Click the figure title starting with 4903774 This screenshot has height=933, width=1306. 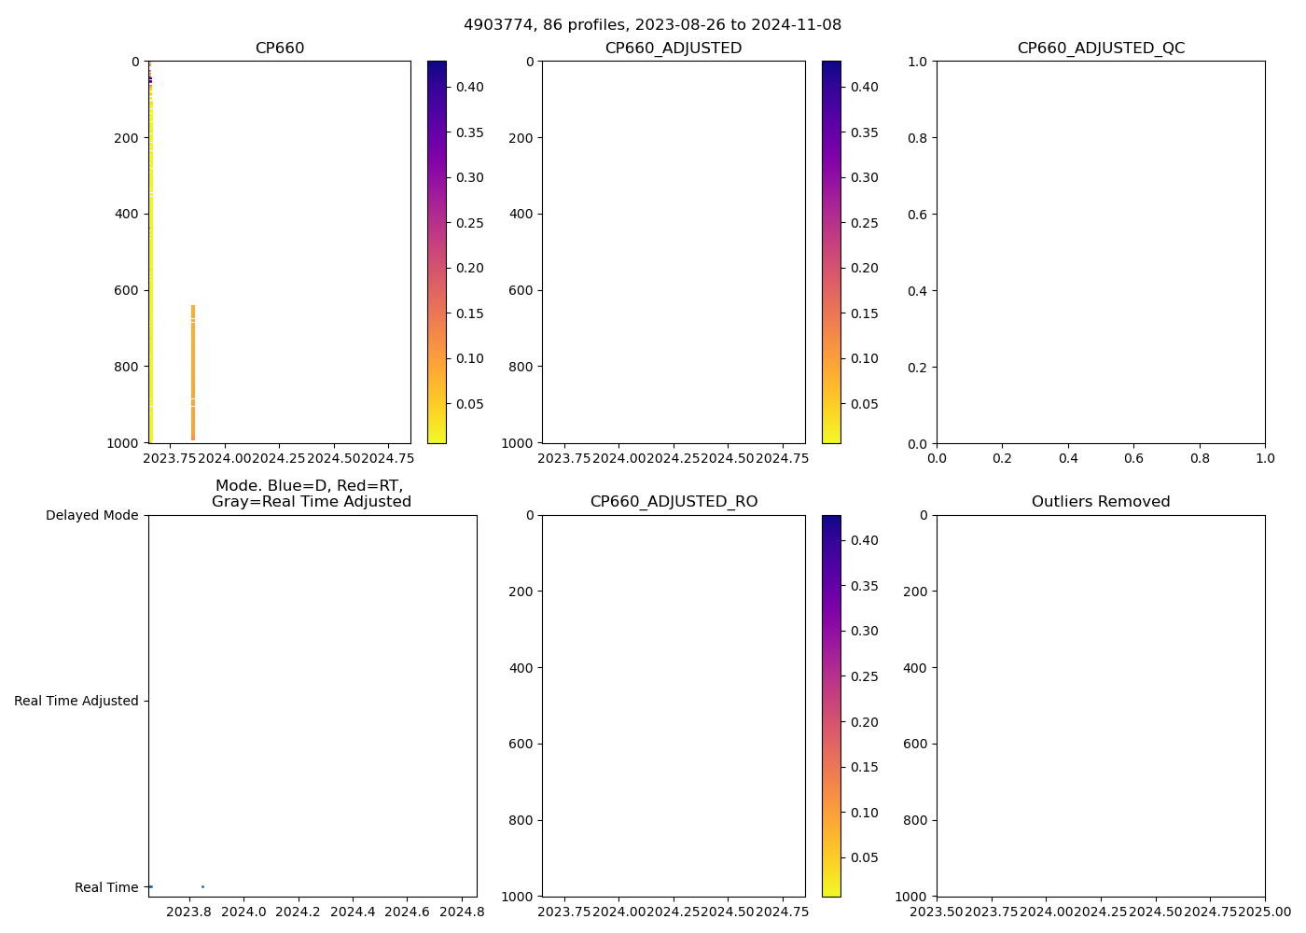click(652, 25)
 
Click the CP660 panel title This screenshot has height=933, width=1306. click(280, 49)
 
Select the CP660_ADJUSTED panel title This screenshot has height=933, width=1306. click(674, 49)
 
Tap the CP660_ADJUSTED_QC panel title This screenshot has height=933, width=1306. click(1101, 49)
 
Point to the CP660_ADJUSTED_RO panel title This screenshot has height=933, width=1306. click(674, 502)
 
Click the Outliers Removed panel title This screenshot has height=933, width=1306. click(1101, 502)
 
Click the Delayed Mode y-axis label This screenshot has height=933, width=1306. click(91, 515)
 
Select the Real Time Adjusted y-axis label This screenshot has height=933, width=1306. click(76, 701)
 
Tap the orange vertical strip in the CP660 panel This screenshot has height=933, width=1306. click(193, 373)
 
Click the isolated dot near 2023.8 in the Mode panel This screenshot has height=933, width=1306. click(202, 886)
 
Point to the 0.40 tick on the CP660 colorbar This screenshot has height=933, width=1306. click(469, 87)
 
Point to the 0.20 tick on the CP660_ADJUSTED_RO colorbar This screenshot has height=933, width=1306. click(864, 722)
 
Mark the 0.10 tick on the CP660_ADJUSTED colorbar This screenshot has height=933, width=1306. click(864, 358)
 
